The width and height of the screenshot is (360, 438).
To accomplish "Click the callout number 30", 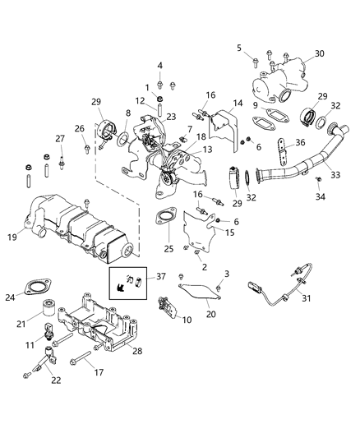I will point(320,53).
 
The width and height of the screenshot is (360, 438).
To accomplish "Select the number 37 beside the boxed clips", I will point(161,277).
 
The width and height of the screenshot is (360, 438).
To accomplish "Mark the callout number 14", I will point(238,104).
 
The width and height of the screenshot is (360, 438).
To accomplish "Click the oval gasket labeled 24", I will point(36,289).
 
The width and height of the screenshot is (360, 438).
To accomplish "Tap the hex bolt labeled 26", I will point(87,149).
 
